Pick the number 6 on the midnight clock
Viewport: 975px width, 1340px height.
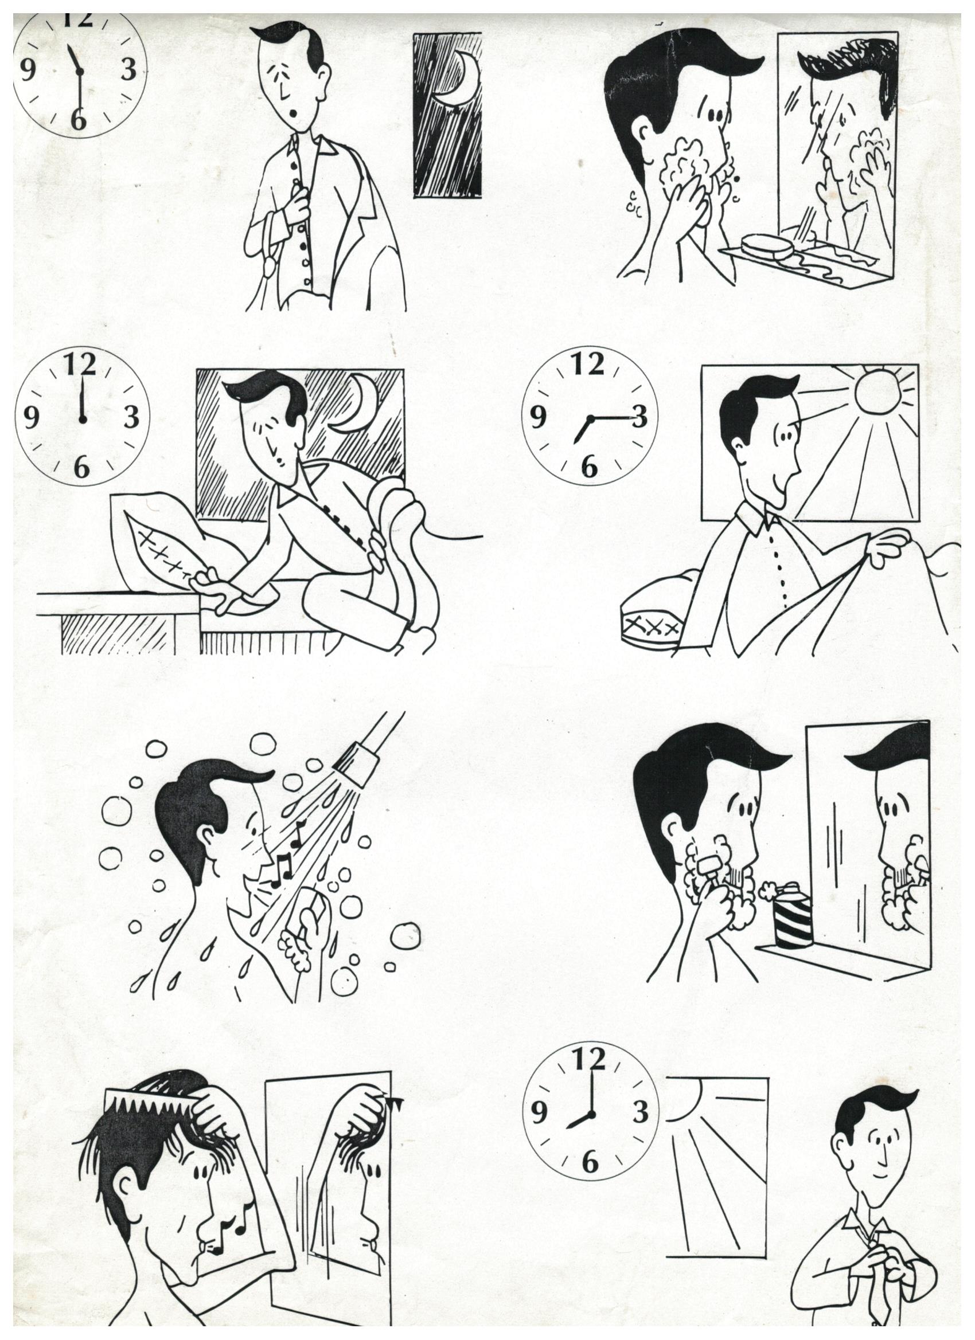tap(81, 468)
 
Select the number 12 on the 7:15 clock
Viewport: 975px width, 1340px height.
tap(587, 365)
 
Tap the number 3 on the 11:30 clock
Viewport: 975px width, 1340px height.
tap(128, 70)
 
